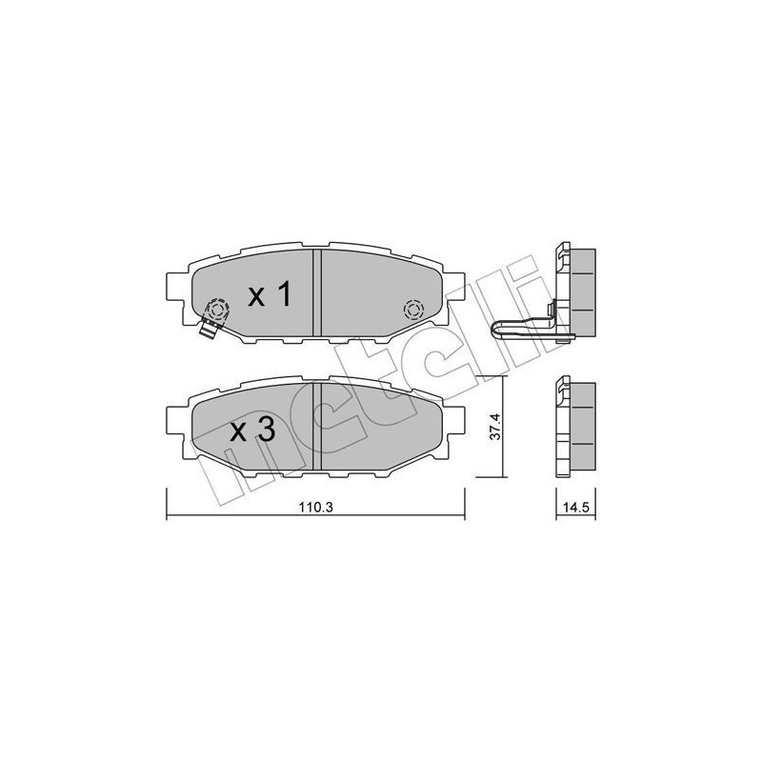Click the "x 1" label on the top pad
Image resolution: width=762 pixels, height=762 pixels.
[269, 296]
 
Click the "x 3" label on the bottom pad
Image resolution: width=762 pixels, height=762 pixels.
[252, 431]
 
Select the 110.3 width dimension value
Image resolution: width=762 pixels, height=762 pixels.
[314, 508]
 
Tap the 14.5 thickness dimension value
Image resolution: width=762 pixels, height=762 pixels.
[571, 508]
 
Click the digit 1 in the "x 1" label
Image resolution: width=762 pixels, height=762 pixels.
[282, 296]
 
